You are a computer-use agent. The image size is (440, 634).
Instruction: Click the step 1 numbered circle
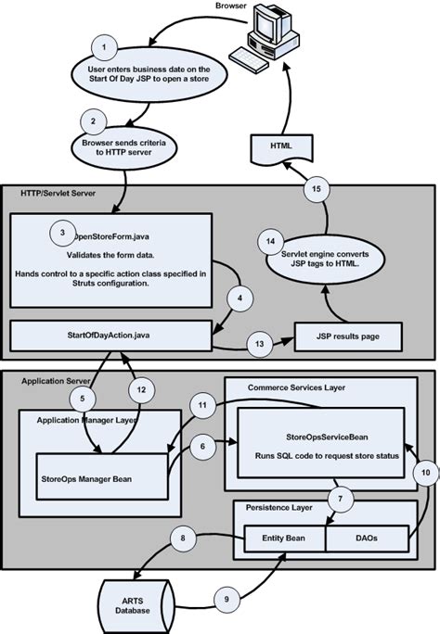[x=107, y=46]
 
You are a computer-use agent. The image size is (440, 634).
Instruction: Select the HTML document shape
[x=280, y=146]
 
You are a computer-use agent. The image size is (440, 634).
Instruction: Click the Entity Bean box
[x=282, y=537]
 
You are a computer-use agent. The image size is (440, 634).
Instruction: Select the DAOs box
[x=367, y=537]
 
